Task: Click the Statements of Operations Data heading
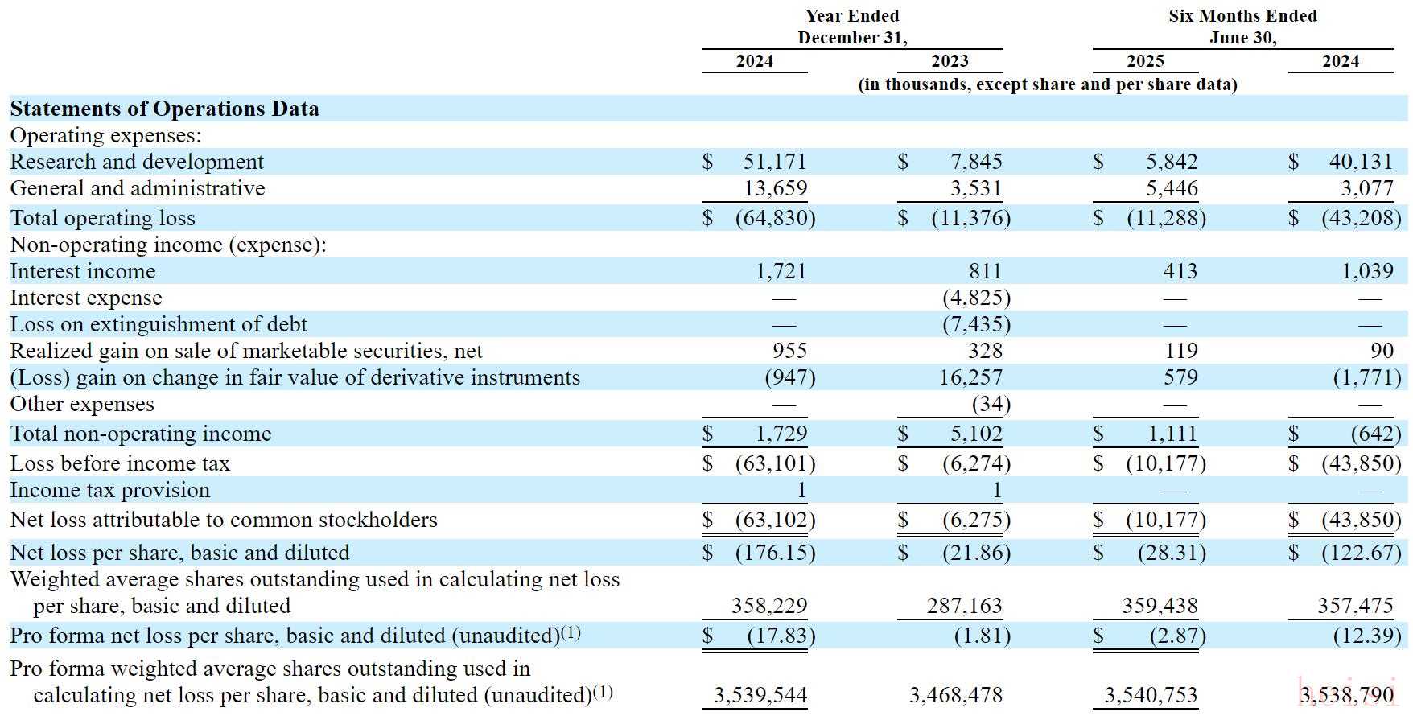tap(164, 109)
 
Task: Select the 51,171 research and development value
tap(774, 162)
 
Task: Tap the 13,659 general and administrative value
tap(774, 188)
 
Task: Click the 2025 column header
tap(1145, 61)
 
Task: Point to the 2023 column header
tap(950, 61)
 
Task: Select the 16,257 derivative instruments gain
tap(974, 377)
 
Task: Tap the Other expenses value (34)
tap(991, 404)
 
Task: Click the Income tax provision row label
tap(109, 490)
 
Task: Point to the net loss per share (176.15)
tap(775, 553)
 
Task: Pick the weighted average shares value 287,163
tap(968, 606)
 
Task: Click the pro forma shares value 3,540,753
tap(1151, 695)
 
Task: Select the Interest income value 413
tap(1180, 271)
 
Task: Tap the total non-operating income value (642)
tap(1375, 434)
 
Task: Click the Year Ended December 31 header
tap(852, 27)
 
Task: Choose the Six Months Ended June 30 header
tap(1242, 27)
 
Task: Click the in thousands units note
tap(1048, 84)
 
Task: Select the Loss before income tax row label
tap(120, 463)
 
